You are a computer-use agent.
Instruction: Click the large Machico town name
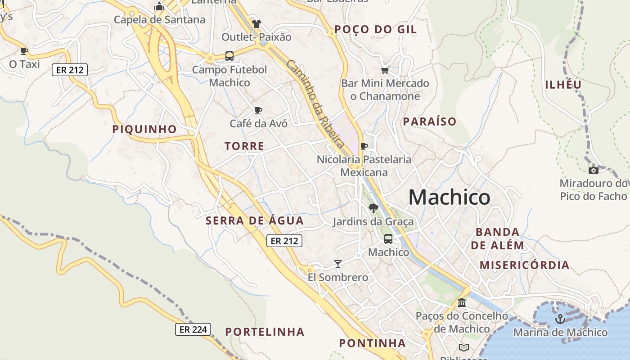449,198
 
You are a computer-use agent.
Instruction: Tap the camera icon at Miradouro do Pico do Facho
594,170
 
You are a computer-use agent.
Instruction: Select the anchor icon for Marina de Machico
560,319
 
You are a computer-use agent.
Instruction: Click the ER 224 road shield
193,329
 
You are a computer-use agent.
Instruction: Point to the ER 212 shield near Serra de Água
284,241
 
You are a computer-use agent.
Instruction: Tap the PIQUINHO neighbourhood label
144,129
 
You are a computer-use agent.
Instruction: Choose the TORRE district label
244,146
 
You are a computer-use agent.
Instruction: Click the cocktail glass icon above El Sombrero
338,264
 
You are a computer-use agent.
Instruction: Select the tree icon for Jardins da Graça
373,208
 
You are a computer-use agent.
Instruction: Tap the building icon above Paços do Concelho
462,302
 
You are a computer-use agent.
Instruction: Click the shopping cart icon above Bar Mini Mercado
385,70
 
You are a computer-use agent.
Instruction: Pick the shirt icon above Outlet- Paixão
256,23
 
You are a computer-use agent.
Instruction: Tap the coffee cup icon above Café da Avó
258,110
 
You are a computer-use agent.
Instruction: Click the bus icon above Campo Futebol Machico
229,56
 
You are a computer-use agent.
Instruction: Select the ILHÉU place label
563,85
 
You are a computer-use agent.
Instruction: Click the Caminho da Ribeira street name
315,103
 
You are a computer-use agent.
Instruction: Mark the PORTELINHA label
265,332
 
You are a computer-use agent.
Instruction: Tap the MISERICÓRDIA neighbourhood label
524,265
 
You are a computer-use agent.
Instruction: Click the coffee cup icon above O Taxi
24,51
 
